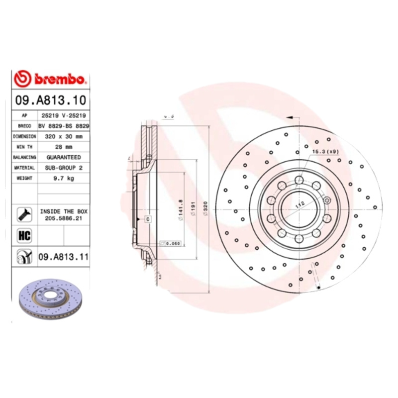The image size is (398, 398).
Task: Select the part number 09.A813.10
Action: pyautogui.click(x=50, y=99)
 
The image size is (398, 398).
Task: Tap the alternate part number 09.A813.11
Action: pyautogui.click(x=63, y=257)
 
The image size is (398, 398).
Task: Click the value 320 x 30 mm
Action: pyautogui.click(x=63, y=136)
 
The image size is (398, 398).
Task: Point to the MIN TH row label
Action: pyautogui.click(x=24, y=147)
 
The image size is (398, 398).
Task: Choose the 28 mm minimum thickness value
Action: pyautogui.click(x=63, y=147)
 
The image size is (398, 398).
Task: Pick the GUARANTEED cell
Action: pyautogui.click(x=63, y=157)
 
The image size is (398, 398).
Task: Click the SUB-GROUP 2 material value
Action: pyautogui.click(x=63, y=168)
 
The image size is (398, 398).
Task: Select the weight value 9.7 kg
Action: pyautogui.click(x=63, y=179)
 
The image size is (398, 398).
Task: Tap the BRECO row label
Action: pyautogui.click(x=24, y=125)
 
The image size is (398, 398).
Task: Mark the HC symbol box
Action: pyautogui.click(x=24, y=235)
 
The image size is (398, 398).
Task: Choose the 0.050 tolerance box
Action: pyautogui.click(x=170, y=243)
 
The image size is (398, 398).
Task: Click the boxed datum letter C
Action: pyautogui.click(x=148, y=219)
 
